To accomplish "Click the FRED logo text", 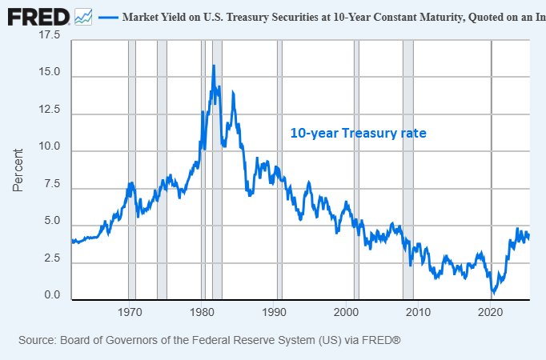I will [x=38, y=16].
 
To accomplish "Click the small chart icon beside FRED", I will [x=83, y=16].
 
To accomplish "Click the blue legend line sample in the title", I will [x=107, y=17].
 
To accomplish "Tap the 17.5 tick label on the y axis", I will [x=49, y=36].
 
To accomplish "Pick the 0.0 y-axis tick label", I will [x=52, y=296].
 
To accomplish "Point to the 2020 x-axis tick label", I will [x=491, y=311].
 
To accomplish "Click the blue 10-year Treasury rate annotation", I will [x=358, y=134].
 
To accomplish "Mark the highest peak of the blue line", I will [x=213, y=66].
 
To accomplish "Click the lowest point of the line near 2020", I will [x=493, y=294].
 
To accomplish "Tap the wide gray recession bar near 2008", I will [x=407, y=168].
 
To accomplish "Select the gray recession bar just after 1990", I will [x=279, y=168].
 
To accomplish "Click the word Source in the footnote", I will [x=37, y=340].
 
